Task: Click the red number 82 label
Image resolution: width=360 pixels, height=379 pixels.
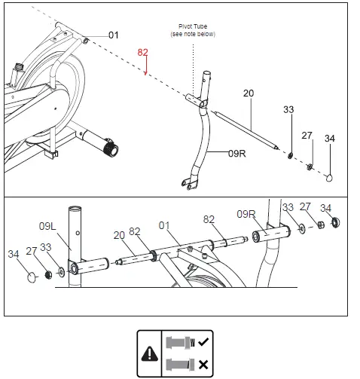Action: [143, 53]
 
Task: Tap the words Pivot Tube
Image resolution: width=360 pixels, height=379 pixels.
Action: [192, 26]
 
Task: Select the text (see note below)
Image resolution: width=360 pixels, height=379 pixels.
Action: [192, 35]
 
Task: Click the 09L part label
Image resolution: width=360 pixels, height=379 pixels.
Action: [49, 225]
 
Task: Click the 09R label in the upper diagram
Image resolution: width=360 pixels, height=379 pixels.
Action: [237, 152]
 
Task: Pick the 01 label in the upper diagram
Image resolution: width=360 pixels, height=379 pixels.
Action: [114, 35]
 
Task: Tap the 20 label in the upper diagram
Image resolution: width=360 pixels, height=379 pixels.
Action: [249, 93]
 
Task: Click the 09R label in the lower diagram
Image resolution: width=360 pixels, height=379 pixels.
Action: [247, 213]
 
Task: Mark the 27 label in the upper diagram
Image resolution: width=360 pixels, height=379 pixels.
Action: [307, 136]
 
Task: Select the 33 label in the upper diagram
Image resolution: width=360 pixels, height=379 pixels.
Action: [288, 110]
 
